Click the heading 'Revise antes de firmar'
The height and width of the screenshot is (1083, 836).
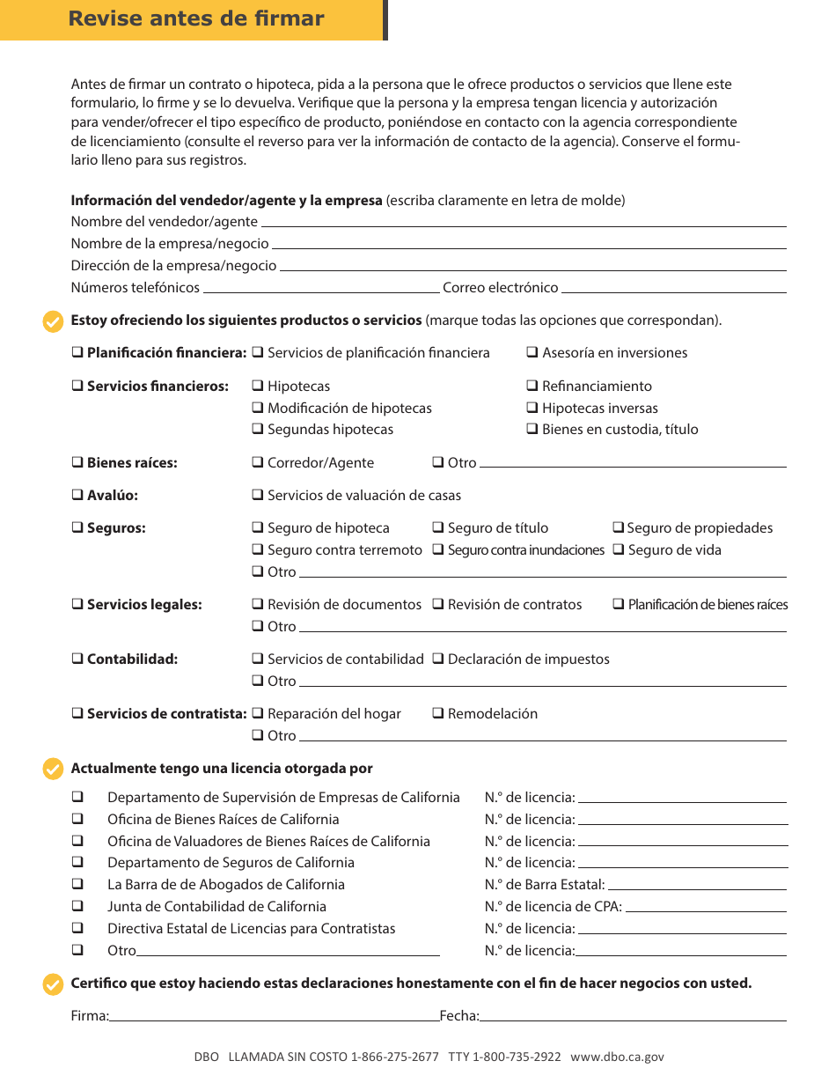pyautogui.click(x=195, y=19)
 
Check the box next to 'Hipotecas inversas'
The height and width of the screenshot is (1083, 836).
pyautogui.click(x=532, y=409)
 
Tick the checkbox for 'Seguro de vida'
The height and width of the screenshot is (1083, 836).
pyautogui.click(x=619, y=550)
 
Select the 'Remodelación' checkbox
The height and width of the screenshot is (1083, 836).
pyautogui.click(x=437, y=714)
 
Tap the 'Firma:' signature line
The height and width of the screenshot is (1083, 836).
pyautogui.click(x=274, y=1019)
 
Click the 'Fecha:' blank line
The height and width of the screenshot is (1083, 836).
pyautogui.click(x=633, y=1019)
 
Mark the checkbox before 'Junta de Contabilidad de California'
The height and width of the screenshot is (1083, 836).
pyautogui.click(x=77, y=907)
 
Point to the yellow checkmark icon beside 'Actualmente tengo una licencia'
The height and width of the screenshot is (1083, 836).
pyautogui.click(x=53, y=770)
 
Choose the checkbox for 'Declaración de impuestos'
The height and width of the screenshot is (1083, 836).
pyautogui.click(x=437, y=659)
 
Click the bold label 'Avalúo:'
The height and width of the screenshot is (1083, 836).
pyautogui.click(x=112, y=496)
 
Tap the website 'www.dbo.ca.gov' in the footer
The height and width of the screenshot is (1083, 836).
pyautogui.click(x=617, y=1057)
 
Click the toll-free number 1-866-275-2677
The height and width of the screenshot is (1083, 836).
pyautogui.click(x=394, y=1057)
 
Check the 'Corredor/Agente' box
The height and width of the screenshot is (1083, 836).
pyautogui.click(x=258, y=463)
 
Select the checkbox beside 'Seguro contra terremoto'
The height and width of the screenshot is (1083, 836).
pyautogui.click(x=258, y=550)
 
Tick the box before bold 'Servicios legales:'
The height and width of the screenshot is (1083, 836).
pyautogui.click(x=77, y=605)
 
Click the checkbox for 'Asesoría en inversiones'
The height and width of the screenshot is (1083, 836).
pyautogui.click(x=532, y=353)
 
